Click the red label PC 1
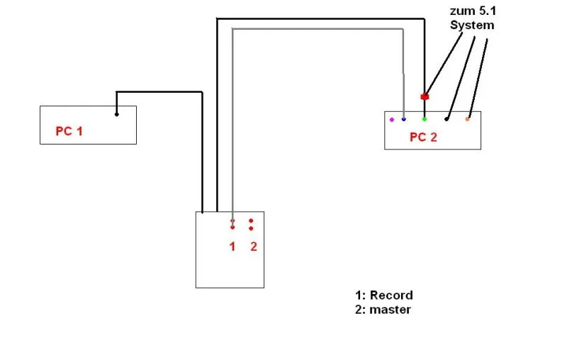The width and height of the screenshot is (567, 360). [69, 132]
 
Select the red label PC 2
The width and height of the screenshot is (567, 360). [423, 137]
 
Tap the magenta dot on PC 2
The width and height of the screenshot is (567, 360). [392, 120]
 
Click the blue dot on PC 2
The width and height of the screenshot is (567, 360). [404, 119]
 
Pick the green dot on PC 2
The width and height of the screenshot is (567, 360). [425, 119]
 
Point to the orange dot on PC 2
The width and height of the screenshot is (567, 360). [467, 119]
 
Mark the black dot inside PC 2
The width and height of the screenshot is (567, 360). [447, 119]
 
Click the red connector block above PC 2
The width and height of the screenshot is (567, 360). [425, 96]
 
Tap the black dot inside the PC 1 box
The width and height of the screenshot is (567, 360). [117, 113]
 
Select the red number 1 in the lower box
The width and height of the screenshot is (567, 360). [232, 247]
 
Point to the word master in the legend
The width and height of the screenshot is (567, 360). [390, 310]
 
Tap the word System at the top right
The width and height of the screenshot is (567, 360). [472, 26]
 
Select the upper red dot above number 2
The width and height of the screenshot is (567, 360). [251, 221]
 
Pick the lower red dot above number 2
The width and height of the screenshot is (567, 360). [251, 228]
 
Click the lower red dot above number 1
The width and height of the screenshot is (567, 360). [232, 227]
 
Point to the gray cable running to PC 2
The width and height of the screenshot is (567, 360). [319, 29]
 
